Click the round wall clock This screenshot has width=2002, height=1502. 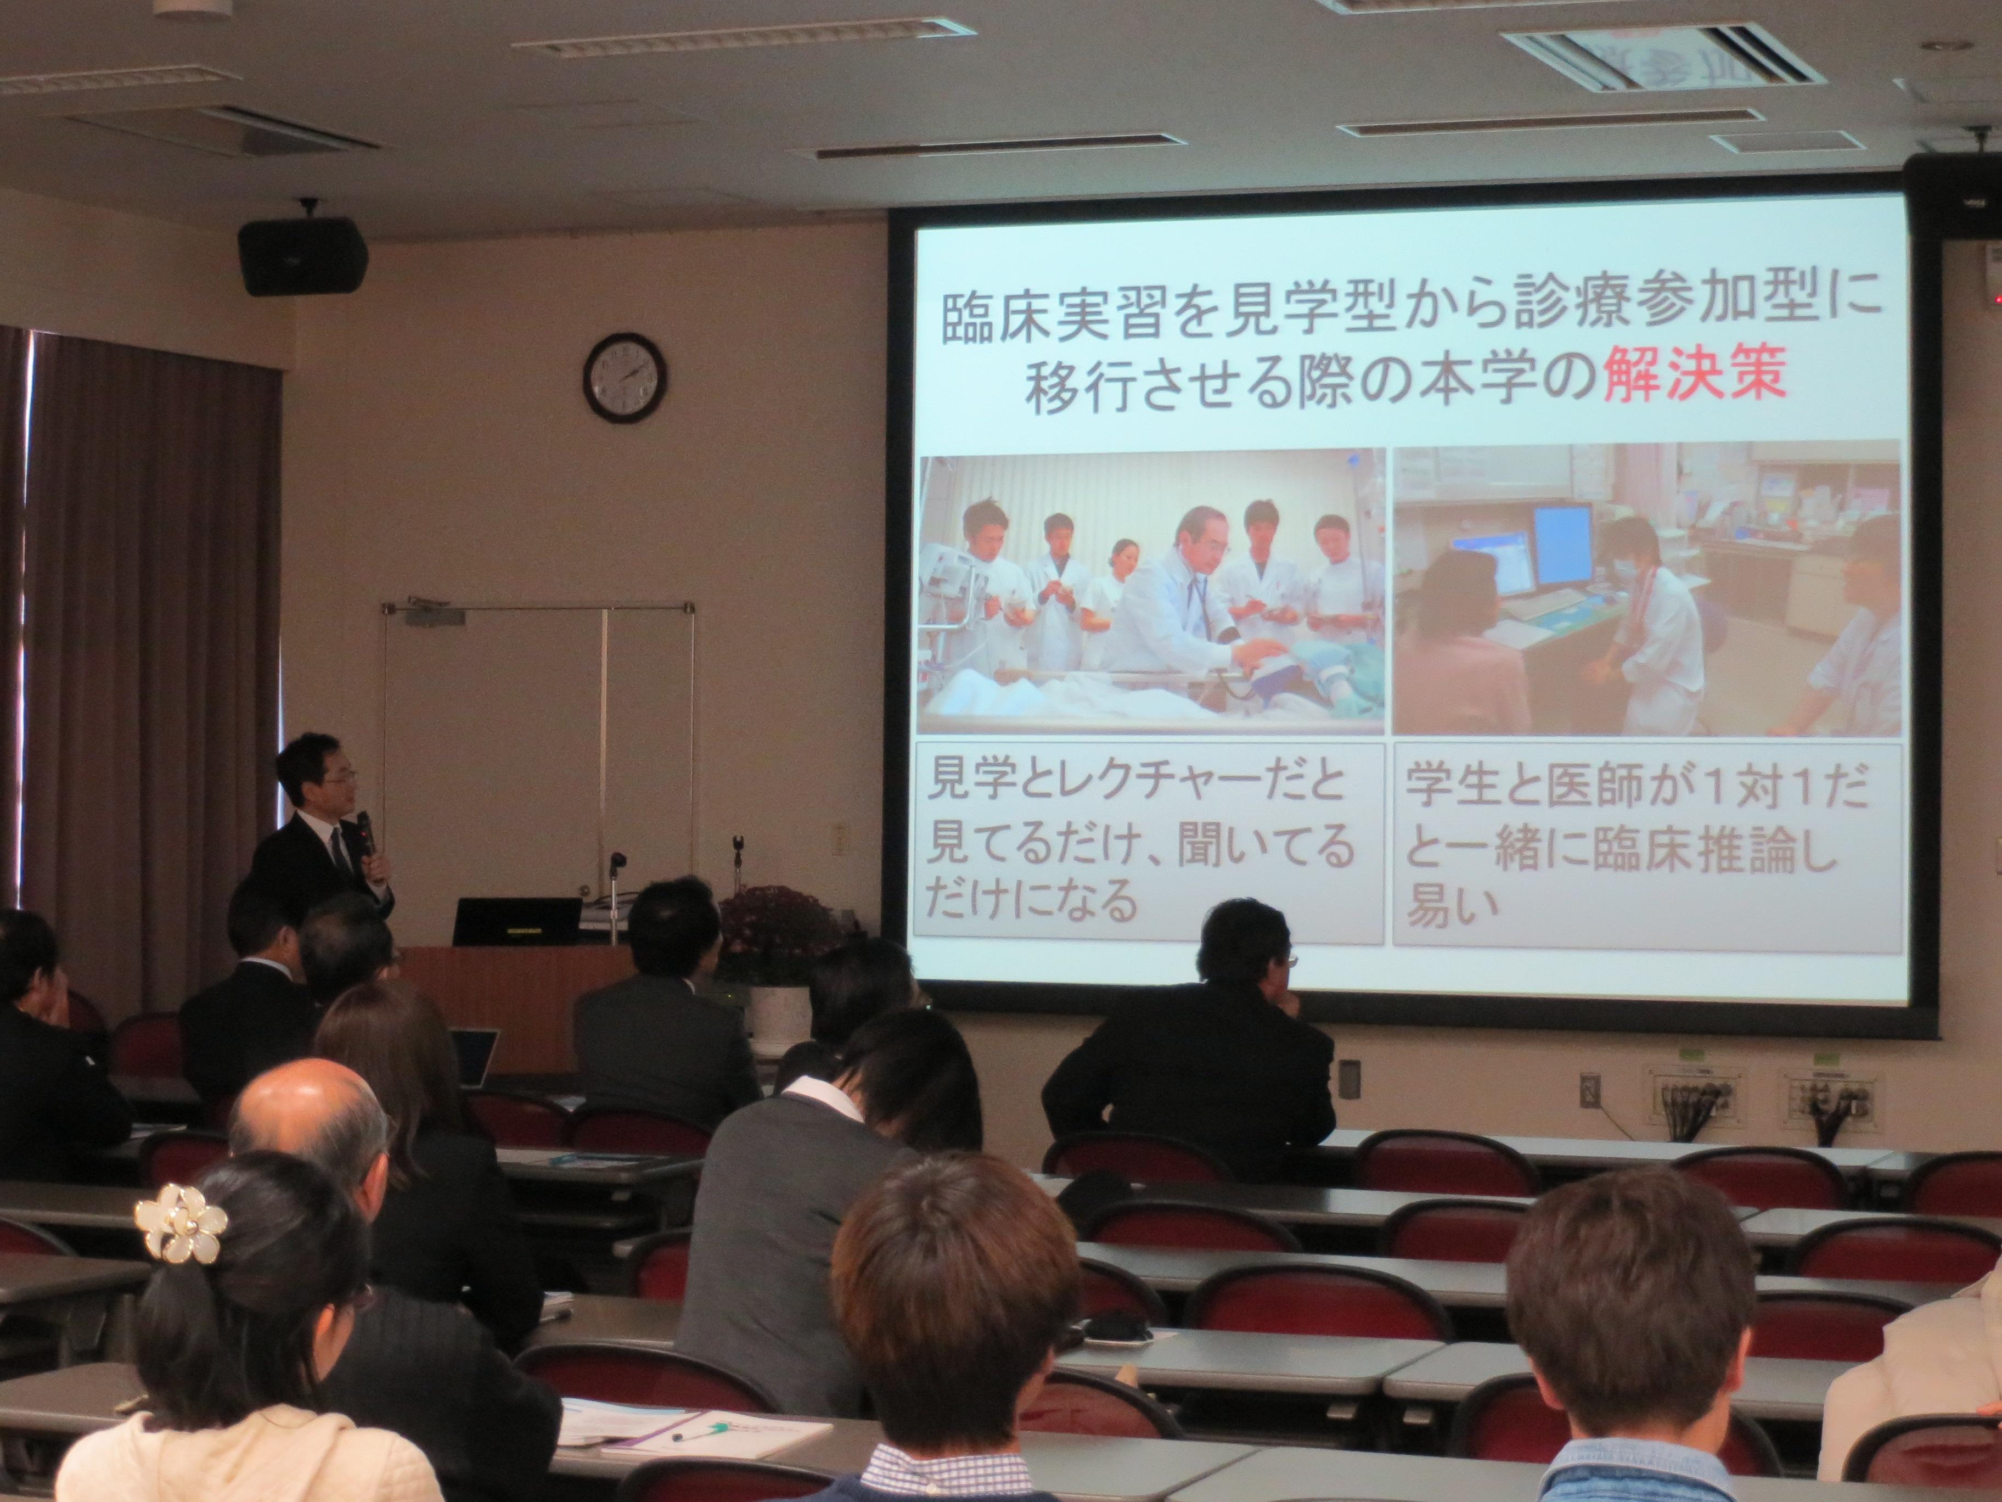point(625,377)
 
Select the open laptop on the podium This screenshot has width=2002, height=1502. point(517,922)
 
